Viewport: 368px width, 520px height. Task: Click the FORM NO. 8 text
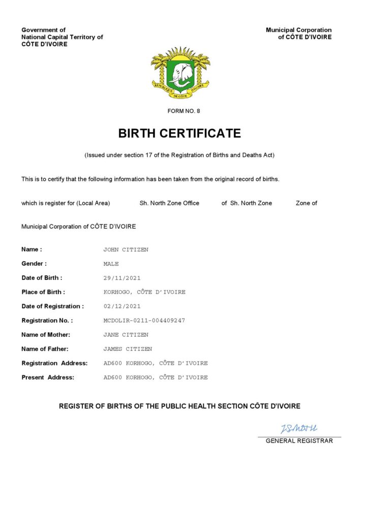[x=184, y=111]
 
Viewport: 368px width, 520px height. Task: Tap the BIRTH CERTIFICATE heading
[x=179, y=134]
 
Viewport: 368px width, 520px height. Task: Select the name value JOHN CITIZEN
[x=126, y=250]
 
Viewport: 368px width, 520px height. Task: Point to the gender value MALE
[x=111, y=264]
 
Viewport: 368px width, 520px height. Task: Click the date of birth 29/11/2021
[x=122, y=278]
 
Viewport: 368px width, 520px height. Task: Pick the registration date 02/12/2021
[x=122, y=307]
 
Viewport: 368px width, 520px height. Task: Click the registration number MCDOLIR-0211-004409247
[x=144, y=321]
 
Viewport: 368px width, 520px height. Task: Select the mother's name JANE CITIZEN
[x=126, y=335]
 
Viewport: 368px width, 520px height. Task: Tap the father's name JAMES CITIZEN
[x=128, y=349]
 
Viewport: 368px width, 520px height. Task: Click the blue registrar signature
[x=298, y=429]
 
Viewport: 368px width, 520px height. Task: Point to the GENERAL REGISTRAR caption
[x=299, y=441]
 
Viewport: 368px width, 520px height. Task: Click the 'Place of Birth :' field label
[x=43, y=292]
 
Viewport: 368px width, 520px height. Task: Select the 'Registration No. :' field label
[x=47, y=320]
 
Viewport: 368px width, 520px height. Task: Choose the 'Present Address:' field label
[x=48, y=377]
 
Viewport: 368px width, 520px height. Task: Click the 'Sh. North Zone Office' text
[x=169, y=203]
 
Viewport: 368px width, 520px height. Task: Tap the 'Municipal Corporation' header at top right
[x=298, y=30]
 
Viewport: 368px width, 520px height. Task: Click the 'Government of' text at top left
[x=43, y=30]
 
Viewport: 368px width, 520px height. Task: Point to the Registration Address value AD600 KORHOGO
[x=156, y=364]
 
